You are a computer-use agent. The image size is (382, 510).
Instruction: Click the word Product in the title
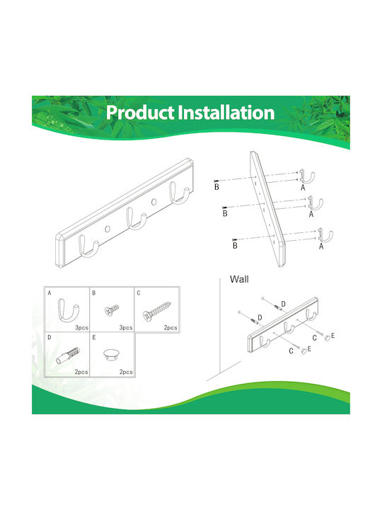pos(140,113)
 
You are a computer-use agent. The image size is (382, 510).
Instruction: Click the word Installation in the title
pos(226,113)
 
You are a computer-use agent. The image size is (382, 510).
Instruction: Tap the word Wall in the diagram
pos(239,279)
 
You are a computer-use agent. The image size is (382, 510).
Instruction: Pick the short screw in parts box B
pos(112,310)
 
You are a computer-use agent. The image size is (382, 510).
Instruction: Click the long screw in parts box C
pos(156,311)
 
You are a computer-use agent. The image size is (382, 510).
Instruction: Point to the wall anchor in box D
pos(68,355)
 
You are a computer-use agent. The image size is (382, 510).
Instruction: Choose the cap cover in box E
pos(112,354)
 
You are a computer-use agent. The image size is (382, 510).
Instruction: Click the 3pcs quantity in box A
pos(81,327)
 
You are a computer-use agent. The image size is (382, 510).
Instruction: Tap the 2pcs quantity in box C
pos(170,327)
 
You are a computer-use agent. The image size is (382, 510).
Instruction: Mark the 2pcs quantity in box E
pos(126,372)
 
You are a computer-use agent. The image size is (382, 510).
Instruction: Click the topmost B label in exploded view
pos(216,187)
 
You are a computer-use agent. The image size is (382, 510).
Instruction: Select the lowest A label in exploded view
pos(321,246)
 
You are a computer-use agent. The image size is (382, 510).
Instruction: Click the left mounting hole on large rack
pos(108,229)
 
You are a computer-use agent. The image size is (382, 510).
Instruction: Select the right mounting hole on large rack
pos(154,202)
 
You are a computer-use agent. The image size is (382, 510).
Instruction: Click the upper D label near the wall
pos(283,304)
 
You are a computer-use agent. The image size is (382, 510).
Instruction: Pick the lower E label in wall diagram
pos(309,348)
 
